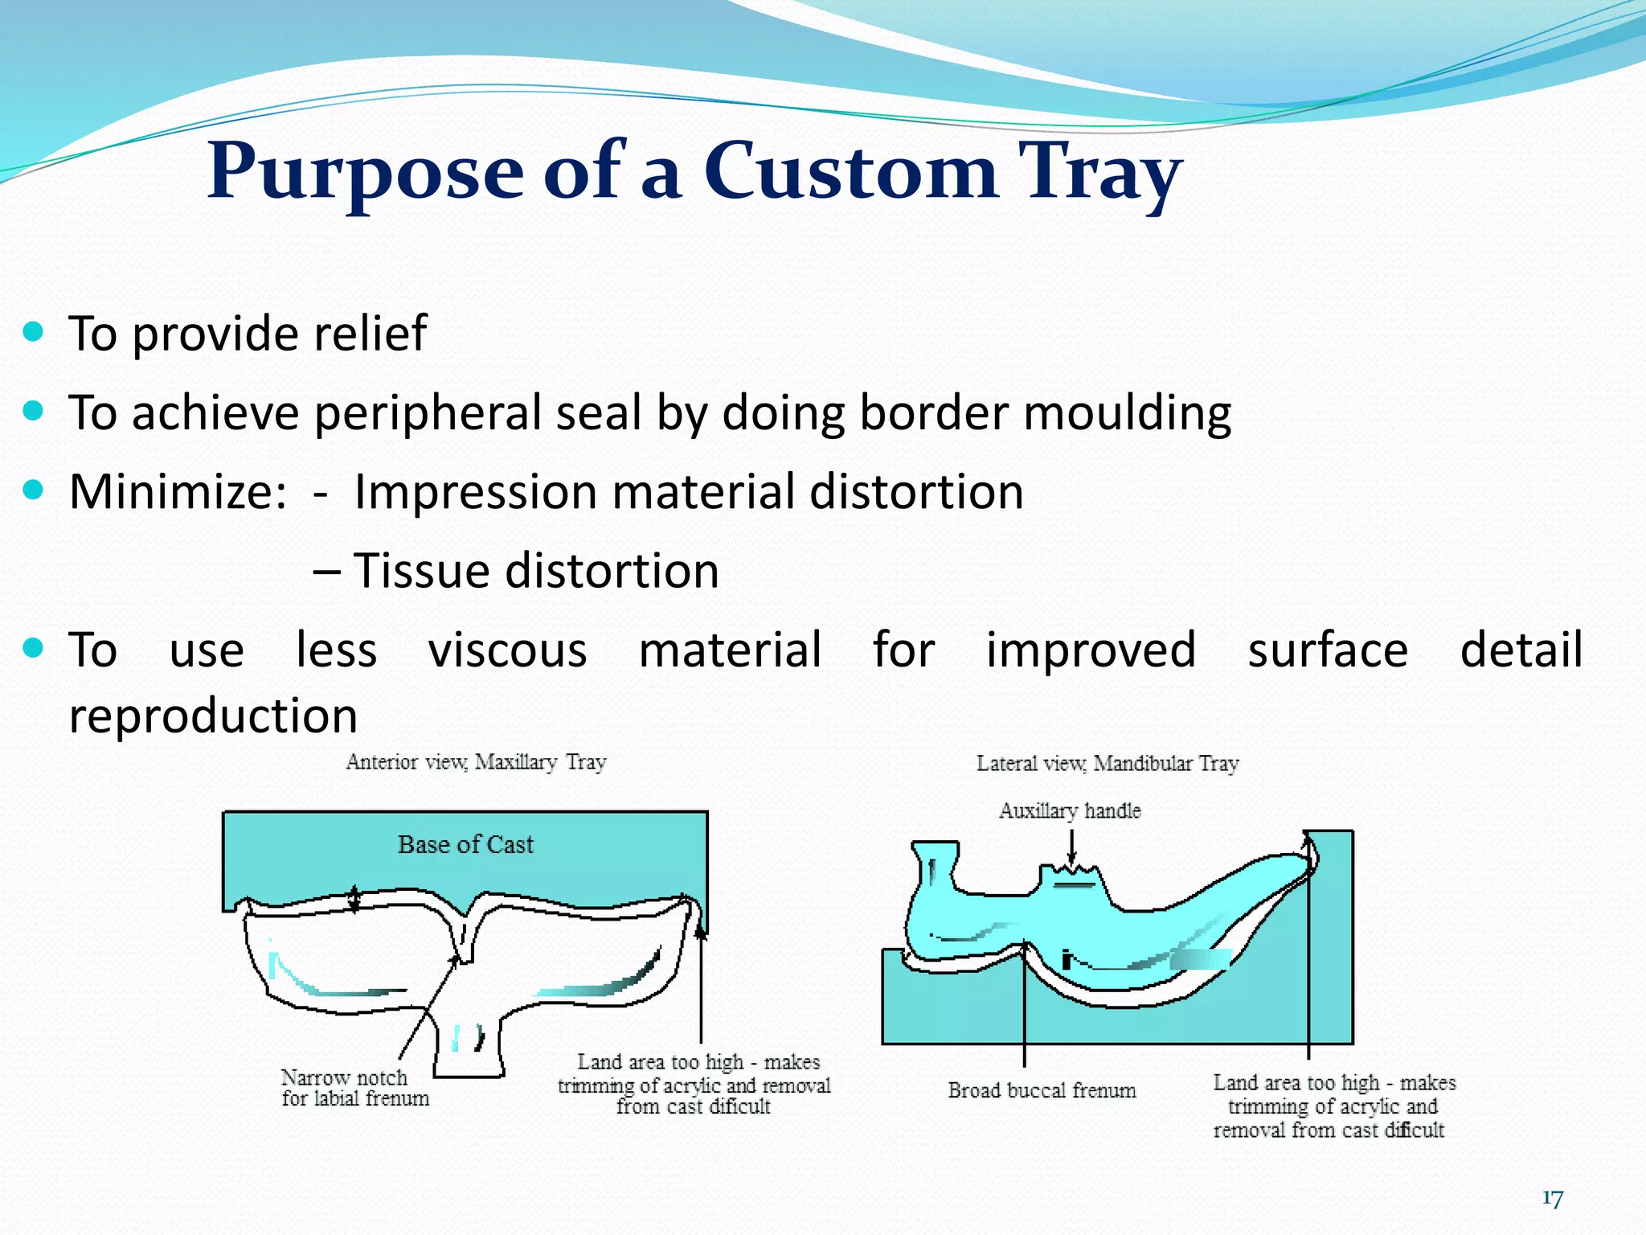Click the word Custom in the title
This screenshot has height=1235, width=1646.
pos(850,170)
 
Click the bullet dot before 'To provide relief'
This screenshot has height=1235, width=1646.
pos(33,331)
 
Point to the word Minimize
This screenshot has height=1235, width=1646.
pos(178,491)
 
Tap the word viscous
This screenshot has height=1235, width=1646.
pos(507,650)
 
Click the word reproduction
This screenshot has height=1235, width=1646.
pos(213,716)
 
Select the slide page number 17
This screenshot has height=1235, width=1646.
pos(1552,1199)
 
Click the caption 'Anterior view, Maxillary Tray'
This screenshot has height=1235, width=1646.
pos(476,762)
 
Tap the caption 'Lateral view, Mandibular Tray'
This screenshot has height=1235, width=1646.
pos(1108,764)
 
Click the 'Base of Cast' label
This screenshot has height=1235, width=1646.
pos(465,844)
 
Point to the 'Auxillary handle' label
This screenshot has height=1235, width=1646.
pos(1070,810)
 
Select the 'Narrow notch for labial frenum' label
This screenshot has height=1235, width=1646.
pos(354,1088)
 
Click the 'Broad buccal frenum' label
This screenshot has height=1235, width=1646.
pos(1042,1090)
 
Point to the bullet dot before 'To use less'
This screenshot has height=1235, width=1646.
pos(33,648)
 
